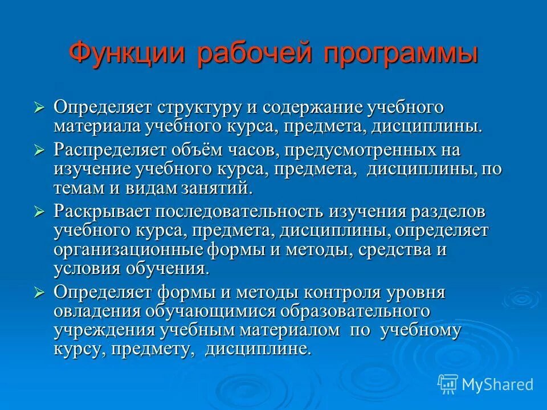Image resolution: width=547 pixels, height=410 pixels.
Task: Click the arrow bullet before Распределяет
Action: (39, 150)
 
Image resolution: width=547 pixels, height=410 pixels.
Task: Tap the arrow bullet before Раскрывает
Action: (39, 212)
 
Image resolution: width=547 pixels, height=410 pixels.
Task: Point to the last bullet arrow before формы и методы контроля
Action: (39, 293)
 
